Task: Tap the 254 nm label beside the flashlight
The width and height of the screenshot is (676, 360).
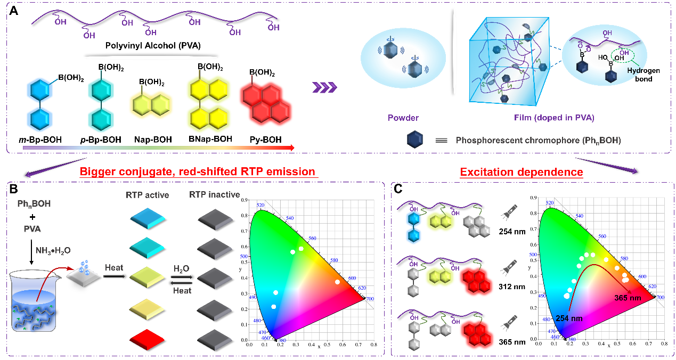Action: (x=512, y=232)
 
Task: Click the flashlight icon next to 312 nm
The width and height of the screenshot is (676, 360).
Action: (x=508, y=265)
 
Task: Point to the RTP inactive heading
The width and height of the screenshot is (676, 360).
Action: (x=215, y=195)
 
